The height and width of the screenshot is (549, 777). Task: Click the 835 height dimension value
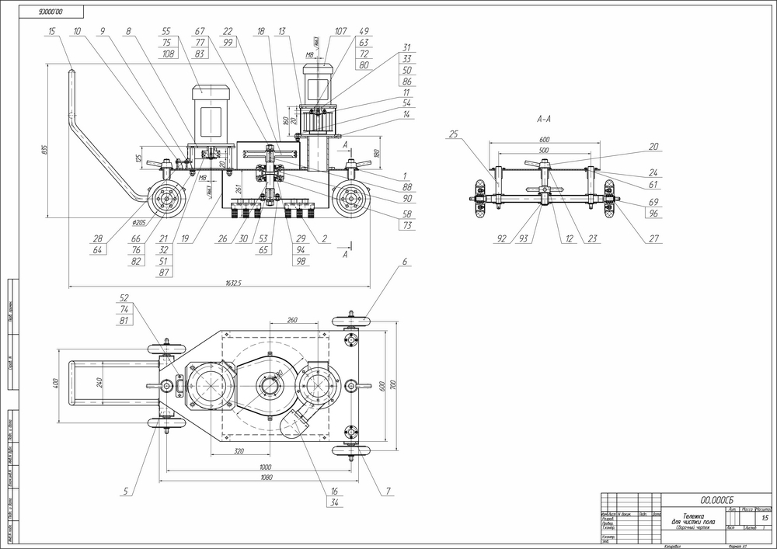(x=46, y=148)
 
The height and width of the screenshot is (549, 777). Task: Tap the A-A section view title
(x=545, y=120)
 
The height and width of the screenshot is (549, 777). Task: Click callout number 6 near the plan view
(x=405, y=263)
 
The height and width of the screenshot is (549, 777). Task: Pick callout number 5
(x=124, y=492)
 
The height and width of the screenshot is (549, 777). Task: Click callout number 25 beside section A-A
(x=454, y=134)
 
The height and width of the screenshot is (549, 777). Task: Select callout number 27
(x=654, y=238)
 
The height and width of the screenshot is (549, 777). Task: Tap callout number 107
(x=341, y=32)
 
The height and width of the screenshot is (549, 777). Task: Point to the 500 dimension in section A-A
(x=543, y=149)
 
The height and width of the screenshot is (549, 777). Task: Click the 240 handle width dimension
(x=102, y=382)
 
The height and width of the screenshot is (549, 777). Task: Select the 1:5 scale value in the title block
(x=765, y=517)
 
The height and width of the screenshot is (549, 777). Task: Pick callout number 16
(x=334, y=492)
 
